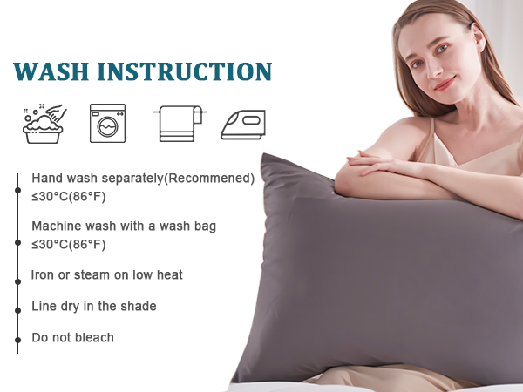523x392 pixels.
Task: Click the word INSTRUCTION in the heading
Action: pos(187,71)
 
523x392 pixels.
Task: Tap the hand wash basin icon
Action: pos(45,124)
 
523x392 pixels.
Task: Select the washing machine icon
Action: pos(107,124)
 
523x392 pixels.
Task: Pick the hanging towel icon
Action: pos(179,124)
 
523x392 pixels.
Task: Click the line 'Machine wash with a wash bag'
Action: pos(124,226)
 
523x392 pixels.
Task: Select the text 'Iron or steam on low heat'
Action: pos(107,275)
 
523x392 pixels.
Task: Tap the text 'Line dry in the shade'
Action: pos(94,307)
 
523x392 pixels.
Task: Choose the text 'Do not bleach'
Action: pos(72,338)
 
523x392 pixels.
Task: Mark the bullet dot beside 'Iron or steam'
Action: pos(17,282)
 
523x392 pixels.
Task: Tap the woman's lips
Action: pos(445,84)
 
